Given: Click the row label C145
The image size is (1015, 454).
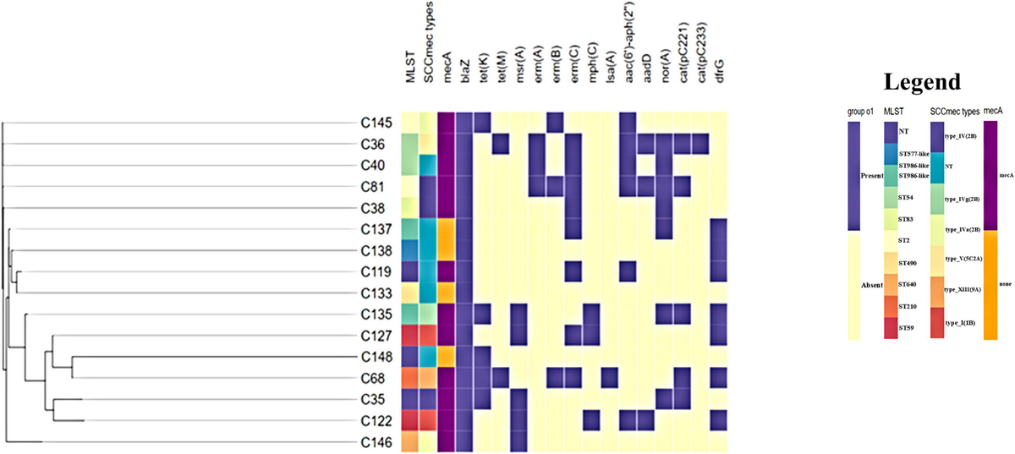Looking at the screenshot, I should [376, 123].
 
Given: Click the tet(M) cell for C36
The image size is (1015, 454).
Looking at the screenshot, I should [500, 144].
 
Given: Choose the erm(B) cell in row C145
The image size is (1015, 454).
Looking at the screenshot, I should [555, 123].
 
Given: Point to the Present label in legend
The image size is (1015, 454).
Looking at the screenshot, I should [864, 179].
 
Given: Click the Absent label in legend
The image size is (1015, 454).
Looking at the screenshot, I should [865, 285].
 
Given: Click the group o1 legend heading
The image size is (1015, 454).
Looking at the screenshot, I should [860, 111].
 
